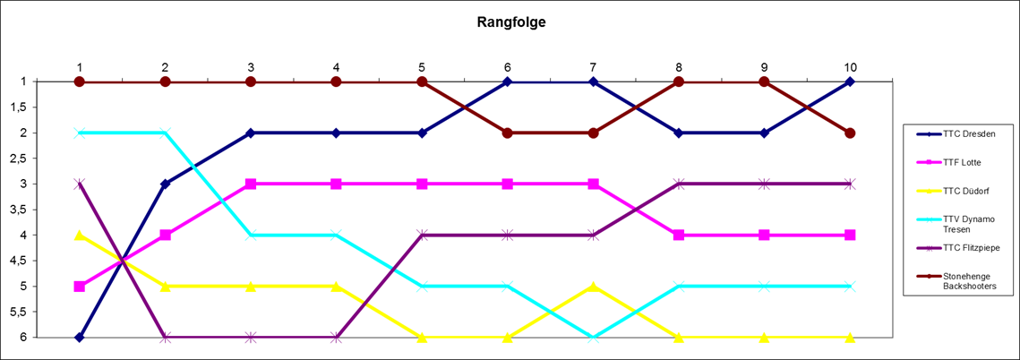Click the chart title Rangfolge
[510, 23]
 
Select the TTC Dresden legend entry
[963, 134]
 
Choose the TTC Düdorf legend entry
[963, 191]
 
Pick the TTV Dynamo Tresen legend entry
[968, 223]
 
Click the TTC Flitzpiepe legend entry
[970, 247]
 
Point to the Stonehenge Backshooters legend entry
[968, 281]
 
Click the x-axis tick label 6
[508, 67]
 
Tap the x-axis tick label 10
[850, 67]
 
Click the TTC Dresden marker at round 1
[80, 338]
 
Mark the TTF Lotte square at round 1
[80, 287]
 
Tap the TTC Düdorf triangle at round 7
[593, 287]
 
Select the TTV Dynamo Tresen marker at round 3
[251, 235]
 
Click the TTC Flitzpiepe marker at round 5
[422, 235]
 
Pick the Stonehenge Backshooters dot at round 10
[850, 133]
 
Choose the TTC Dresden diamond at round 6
[508, 81]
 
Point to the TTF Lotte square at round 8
[679, 235]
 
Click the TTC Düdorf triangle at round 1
[80, 235]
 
